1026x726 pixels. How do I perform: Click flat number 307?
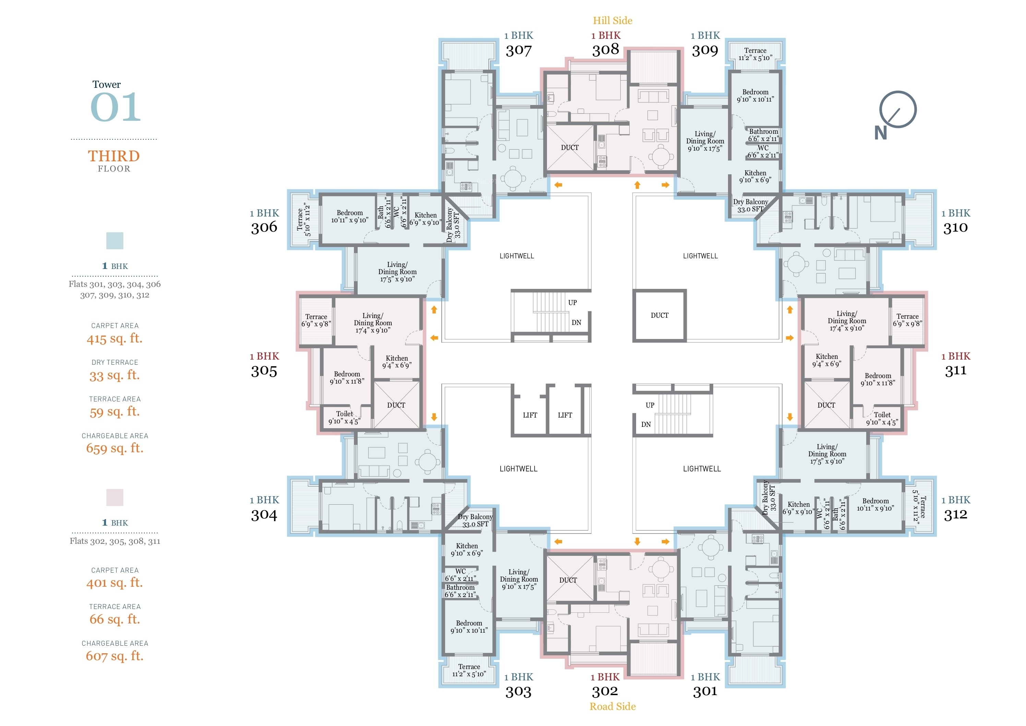pyautogui.click(x=518, y=50)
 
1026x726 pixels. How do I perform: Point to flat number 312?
pyautogui.click(x=955, y=515)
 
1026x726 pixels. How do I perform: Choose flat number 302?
pyautogui.click(x=605, y=692)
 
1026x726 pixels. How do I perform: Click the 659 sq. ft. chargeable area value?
pyautogui.click(x=115, y=448)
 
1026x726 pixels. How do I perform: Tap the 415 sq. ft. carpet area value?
pyautogui.click(x=115, y=338)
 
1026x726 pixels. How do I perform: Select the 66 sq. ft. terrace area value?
pyautogui.click(x=115, y=619)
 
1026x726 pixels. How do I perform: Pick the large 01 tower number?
pyautogui.click(x=116, y=107)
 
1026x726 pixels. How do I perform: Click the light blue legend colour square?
pyautogui.click(x=115, y=241)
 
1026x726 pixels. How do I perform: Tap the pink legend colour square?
pyautogui.click(x=115, y=497)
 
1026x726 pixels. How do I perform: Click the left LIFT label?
pyautogui.click(x=530, y=415)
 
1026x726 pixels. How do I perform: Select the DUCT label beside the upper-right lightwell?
pyautogui.click(x=659, y=316)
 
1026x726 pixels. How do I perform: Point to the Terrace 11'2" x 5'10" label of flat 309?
pyautogui.click(x=755, y=54)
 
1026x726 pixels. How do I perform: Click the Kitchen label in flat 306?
pyautogui.click(x=426, y=215)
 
